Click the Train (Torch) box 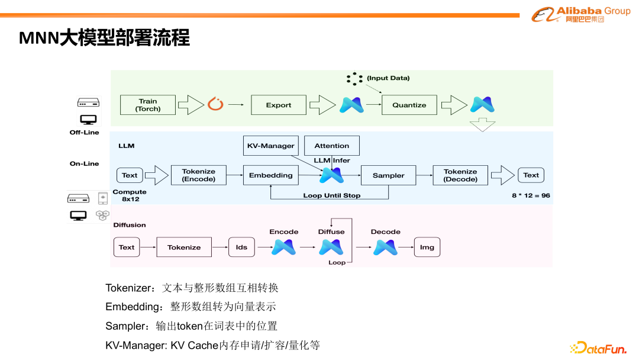[x=148, y=105]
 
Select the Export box [x=278, y=105]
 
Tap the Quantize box [x=409, y=105]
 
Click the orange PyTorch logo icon [x=214, y=105]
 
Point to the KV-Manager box [x=270, y=146]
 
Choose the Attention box [x=331, y=146]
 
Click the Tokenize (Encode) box [x=198, y=175]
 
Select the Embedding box [x=270, y=175]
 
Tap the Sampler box [x=388, y=175]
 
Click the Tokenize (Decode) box [x=460, y=175]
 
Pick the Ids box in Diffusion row [x=241, y=247]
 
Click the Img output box [x=427, y=247]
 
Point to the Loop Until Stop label [x=331, y=195]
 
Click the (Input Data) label [x=388, y=78]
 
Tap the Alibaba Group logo [x=580, y=14]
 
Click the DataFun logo [x=598, y=348]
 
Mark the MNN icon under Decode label [x=385, y=247]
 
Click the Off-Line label [x=84, y=133]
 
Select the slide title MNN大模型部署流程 [x=105, y=38]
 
